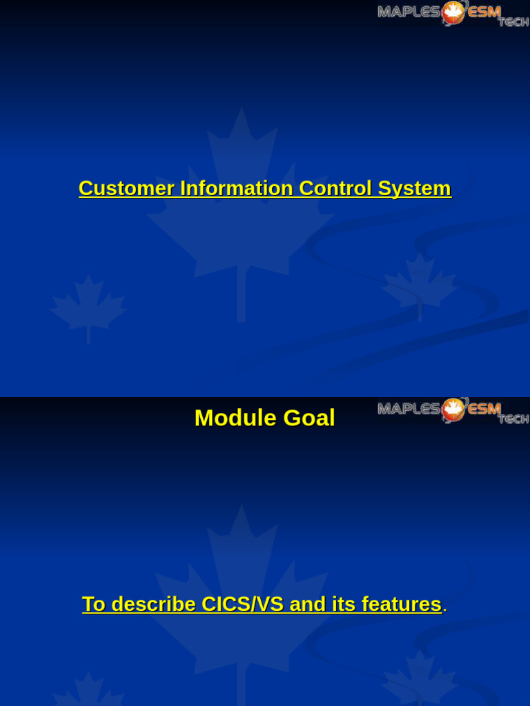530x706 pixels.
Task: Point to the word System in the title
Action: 414,188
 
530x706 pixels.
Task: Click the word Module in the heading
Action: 228,418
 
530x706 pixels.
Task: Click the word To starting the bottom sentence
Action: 94,604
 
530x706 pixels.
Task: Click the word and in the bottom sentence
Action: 307,604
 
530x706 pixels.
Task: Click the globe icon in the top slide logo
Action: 453,12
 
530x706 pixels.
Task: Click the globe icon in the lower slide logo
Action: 453,410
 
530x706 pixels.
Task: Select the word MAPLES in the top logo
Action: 409,11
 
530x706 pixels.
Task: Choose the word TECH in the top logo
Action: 513,21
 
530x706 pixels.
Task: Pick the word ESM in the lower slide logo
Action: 484,409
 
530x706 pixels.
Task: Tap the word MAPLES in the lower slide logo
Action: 409,409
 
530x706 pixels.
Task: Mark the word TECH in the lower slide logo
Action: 513,418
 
